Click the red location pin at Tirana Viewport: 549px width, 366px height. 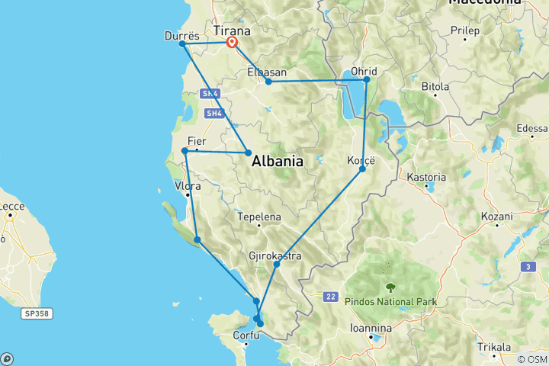coord(231,43)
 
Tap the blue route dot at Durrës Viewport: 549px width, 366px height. coord(182,43)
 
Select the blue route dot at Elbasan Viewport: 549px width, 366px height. coord(268,82)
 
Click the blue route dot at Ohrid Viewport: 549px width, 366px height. coord(367,79)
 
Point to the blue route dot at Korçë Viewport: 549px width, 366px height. coord(362,168)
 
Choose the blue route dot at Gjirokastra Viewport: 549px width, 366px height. coord(276,264)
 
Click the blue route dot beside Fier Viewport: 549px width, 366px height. coord(185,151)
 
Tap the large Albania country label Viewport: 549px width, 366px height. coord(278,161)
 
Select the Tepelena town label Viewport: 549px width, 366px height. coord(259,217)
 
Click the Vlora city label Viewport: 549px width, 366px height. coord(188,186)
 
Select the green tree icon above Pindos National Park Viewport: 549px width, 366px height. coord(390,287)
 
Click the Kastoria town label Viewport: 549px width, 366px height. coord(426,177)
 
